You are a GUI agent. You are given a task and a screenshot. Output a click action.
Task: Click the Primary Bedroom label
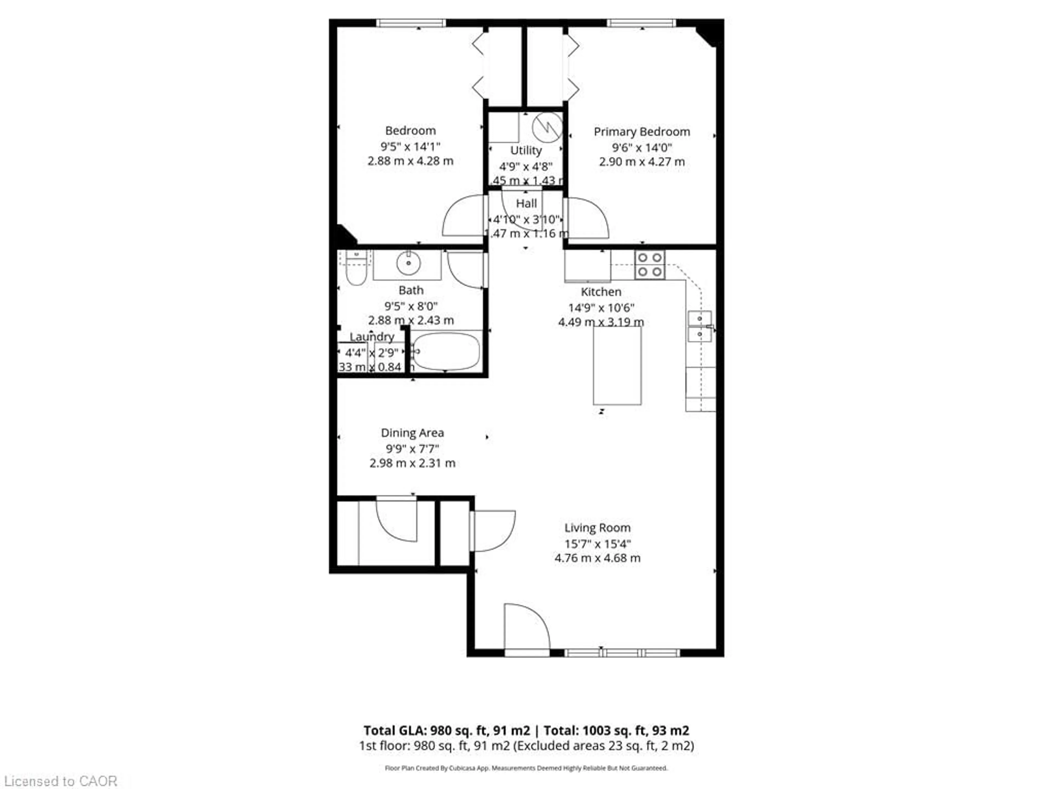coord(642,132)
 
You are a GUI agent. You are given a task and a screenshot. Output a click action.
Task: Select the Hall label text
coord(526,204)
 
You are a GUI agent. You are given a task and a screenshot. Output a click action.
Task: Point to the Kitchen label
coord(601,291)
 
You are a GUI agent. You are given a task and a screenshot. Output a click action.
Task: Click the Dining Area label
coord(412,433)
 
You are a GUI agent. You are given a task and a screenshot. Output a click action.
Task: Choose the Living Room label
coord(597,527)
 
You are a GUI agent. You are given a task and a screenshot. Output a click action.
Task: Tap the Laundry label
coord(372,337)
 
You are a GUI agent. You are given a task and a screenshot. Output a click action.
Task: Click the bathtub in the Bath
coord(446,351)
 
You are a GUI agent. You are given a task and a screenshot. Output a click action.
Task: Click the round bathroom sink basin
coord(408,263)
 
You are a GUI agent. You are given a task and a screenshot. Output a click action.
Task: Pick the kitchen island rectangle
coord(617,365)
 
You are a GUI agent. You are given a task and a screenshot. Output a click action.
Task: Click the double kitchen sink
coord(700,326)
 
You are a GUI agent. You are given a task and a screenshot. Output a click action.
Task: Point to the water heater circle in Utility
coord(547,127)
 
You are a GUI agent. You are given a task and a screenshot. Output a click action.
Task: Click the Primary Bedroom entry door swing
coord(587,218)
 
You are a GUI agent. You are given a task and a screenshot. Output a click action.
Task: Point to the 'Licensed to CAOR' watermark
coord(60,781)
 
